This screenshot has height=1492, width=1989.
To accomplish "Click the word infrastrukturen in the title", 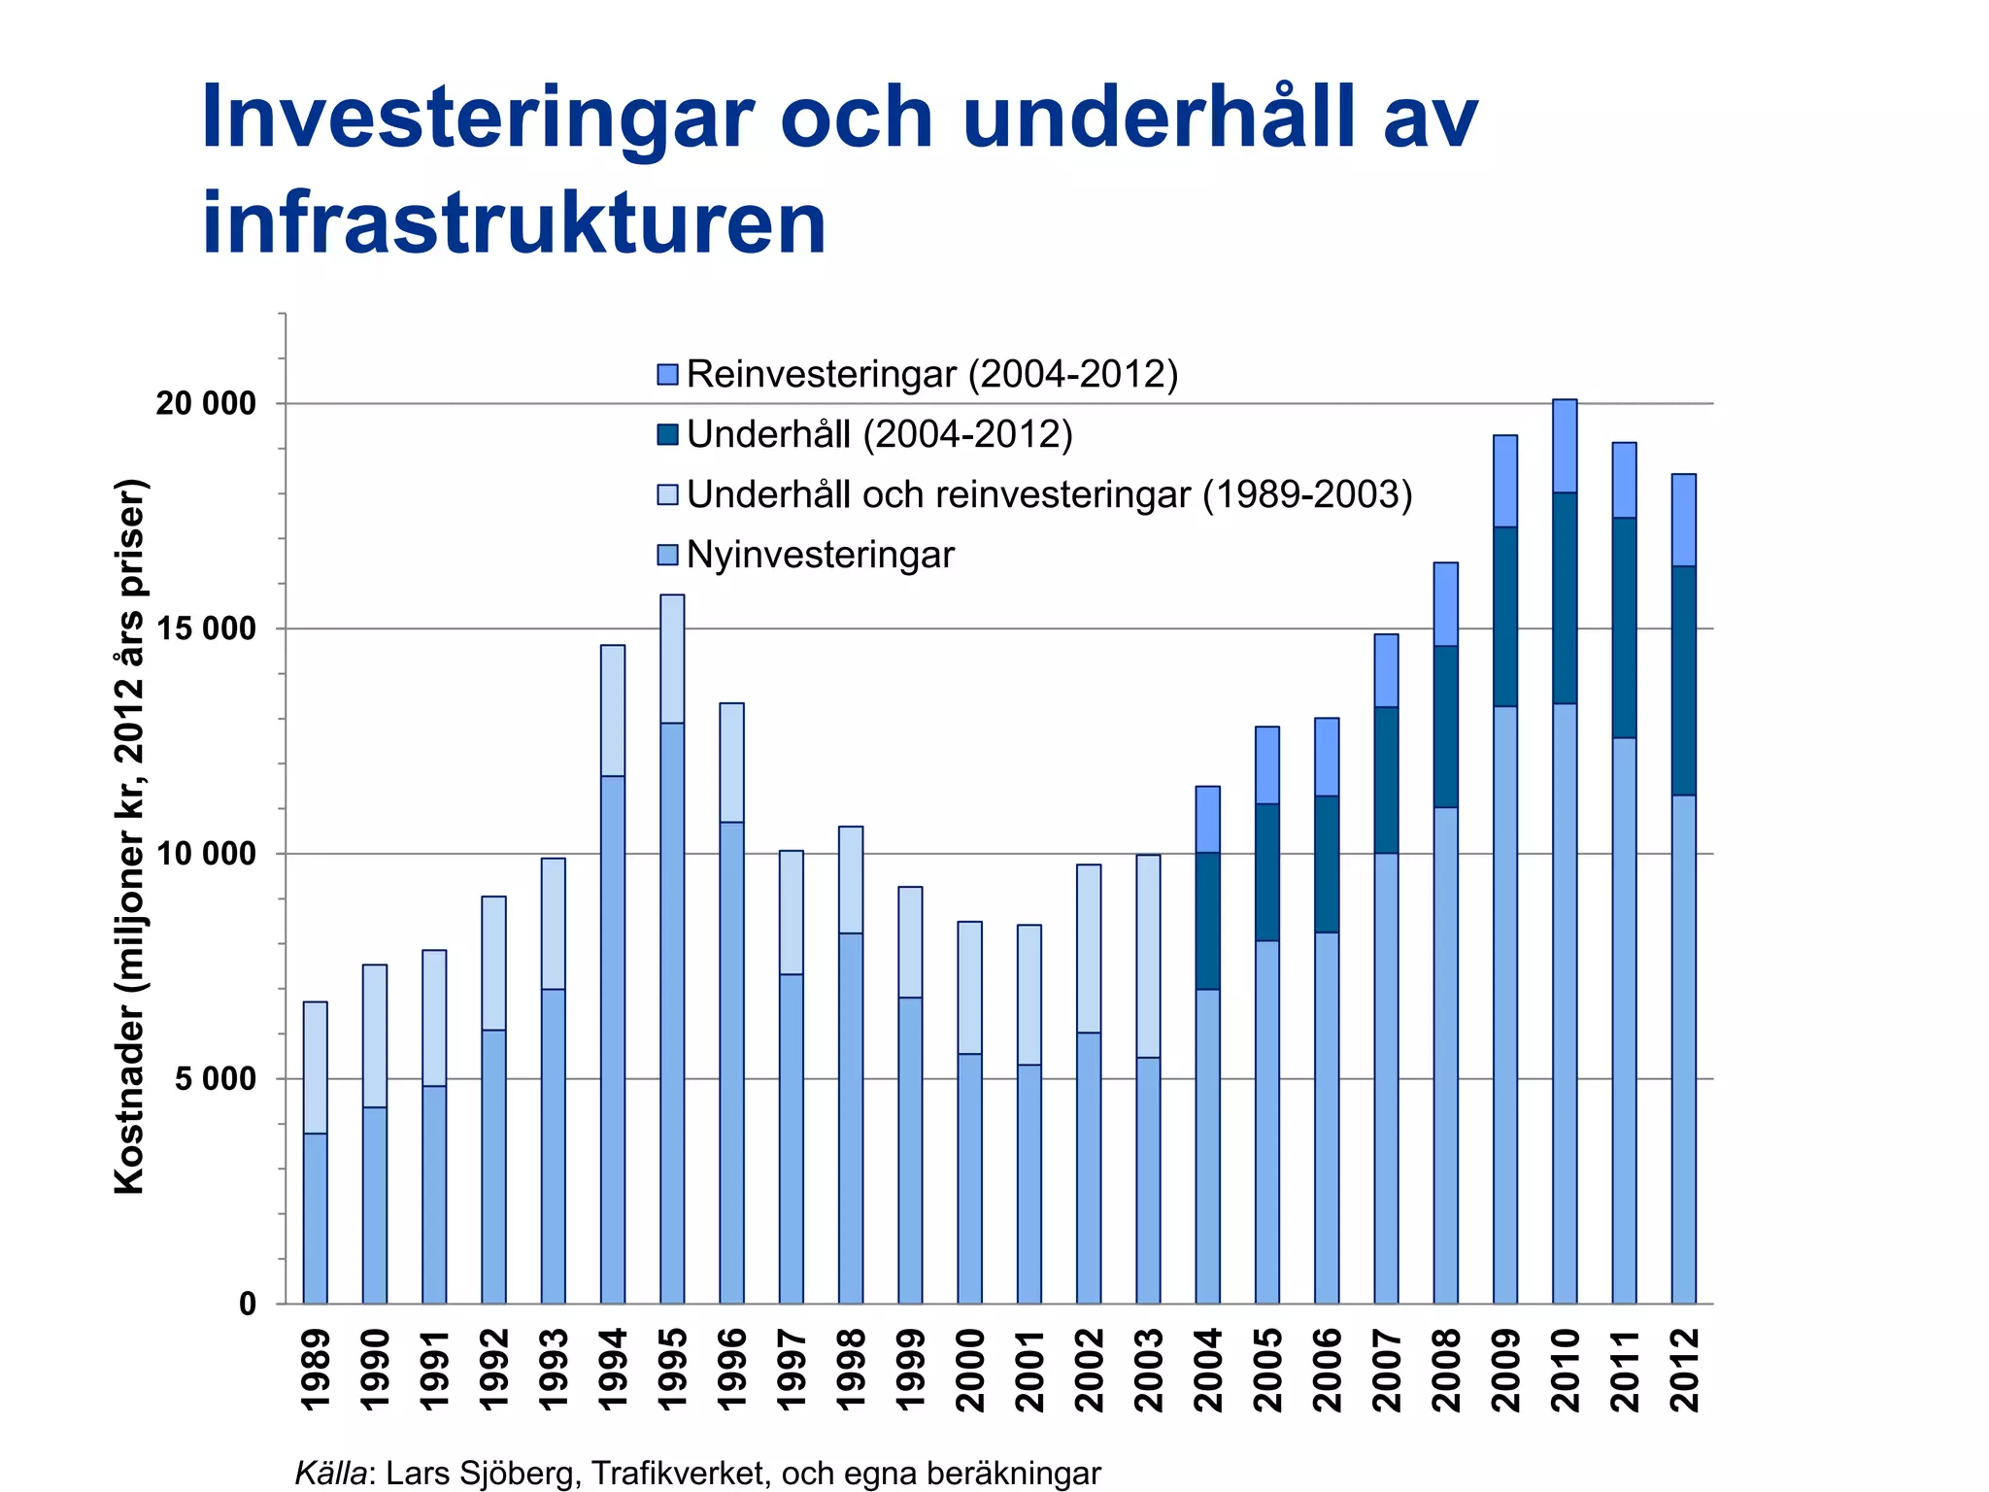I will (514, 223).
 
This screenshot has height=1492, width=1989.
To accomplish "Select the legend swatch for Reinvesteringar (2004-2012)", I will (667, 374).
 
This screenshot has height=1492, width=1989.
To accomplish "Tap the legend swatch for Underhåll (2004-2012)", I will (667, 434).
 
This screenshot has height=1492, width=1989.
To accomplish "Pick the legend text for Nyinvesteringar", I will (820, 556).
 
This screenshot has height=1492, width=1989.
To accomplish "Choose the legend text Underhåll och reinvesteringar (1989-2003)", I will (1049, 495).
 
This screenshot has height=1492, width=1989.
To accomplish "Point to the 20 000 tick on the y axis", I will (205, 403).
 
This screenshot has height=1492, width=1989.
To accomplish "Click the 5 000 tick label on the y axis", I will (216, 1078).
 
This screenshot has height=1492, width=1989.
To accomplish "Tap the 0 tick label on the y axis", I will (248, 1304).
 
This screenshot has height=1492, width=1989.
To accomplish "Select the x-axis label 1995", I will (672, 1370).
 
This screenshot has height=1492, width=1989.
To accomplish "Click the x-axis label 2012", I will (1684, 1370).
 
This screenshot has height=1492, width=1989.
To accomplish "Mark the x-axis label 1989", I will (316, 1370).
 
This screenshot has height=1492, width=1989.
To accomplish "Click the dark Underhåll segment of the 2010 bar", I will (1565, 597).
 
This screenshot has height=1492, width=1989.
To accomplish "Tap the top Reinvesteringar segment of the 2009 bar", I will (1505, 481).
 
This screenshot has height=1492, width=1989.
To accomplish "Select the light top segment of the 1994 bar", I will (613, 709).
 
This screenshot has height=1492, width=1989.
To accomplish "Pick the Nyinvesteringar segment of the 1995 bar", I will (672, 1010).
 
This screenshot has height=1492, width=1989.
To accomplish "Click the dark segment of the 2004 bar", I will (1207, 921).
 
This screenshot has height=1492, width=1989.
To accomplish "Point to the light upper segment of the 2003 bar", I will (1148, 956).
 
